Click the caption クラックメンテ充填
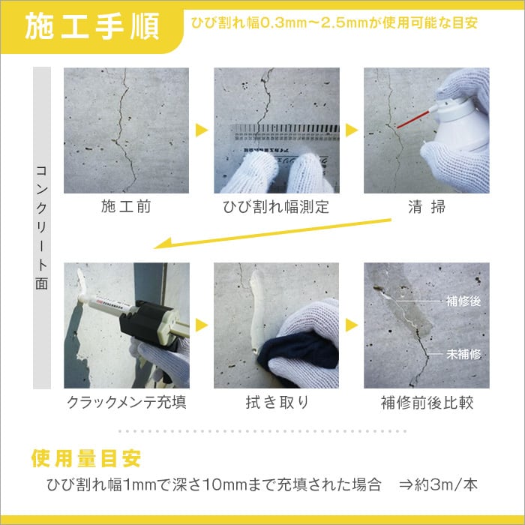point(126,403)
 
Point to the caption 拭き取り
point(276,403)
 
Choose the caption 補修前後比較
point(427,403)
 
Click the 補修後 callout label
point(463,301)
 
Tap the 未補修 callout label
point(463,353)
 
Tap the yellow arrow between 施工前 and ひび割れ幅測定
point(201,130)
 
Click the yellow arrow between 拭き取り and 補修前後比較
point(351,325)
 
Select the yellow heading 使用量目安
point(85,457)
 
